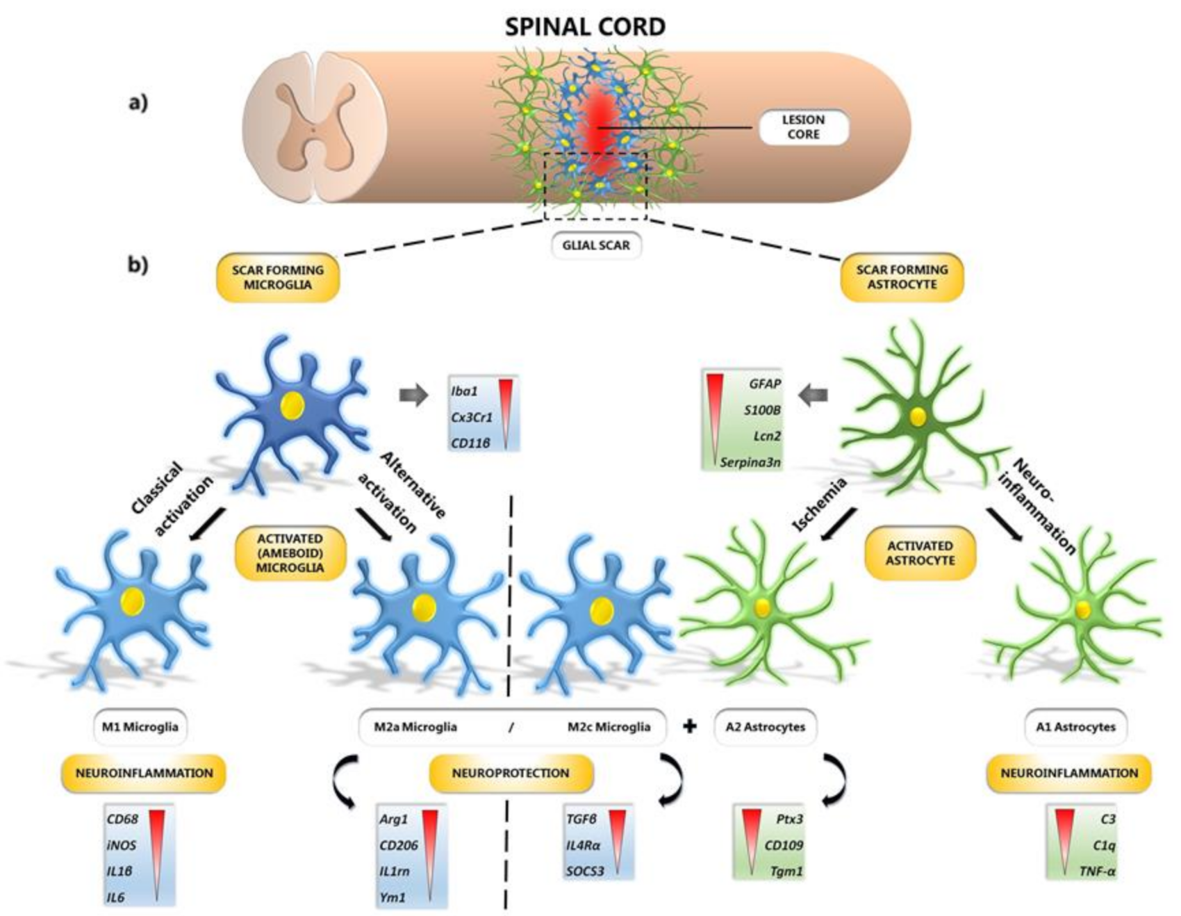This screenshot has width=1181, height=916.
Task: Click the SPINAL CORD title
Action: pyautogui.click(x=585, y=26)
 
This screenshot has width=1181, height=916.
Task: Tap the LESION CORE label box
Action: pyautogui.click(x=804, y=127)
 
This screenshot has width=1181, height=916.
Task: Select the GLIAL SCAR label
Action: pyautogui.click(x=596, y=245)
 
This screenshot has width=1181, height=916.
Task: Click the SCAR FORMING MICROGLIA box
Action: pyautogui.click(x=278, y=277)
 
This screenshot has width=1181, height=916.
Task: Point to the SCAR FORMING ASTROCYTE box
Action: pyautogui.click(x=902, y=277)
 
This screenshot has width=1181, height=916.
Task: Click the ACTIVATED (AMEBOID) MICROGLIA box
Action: pyautogui.click(x=290, y=553)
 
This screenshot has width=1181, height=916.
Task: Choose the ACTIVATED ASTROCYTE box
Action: pyautogui.click(x=920, y=553)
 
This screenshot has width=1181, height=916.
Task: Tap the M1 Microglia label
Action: pyautogui.click(x=140, y=727)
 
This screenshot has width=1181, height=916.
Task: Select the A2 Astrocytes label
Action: pyautogui.click(x=766, y=727)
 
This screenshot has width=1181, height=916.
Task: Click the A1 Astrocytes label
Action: pyautogui.click(x=1076, y=727)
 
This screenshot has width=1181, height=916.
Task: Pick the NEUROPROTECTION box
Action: pyautogui.click(x=511, y=773)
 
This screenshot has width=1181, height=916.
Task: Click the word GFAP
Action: pyautogui.click(x=765, y=384)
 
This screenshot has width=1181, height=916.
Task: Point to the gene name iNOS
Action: pyautogui.click(x=122, y=845)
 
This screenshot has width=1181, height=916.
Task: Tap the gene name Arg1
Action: pyautogui.click(x=394, y=819)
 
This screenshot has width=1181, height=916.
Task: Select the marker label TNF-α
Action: pyautogui.click(x=1097, y=872)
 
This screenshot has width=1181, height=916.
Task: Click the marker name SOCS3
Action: pyautogui.click(x=585, y=871)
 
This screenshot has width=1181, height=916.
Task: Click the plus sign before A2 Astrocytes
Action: pyautogui.click(x=689, y=727)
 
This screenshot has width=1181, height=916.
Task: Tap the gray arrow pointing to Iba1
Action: pyautogui.click(x=413, y=395)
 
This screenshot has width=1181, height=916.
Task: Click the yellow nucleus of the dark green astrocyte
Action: pyautogui.click(x=918, y=416)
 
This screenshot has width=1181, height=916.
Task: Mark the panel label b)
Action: pyautogui.click(x=138, y=265)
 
